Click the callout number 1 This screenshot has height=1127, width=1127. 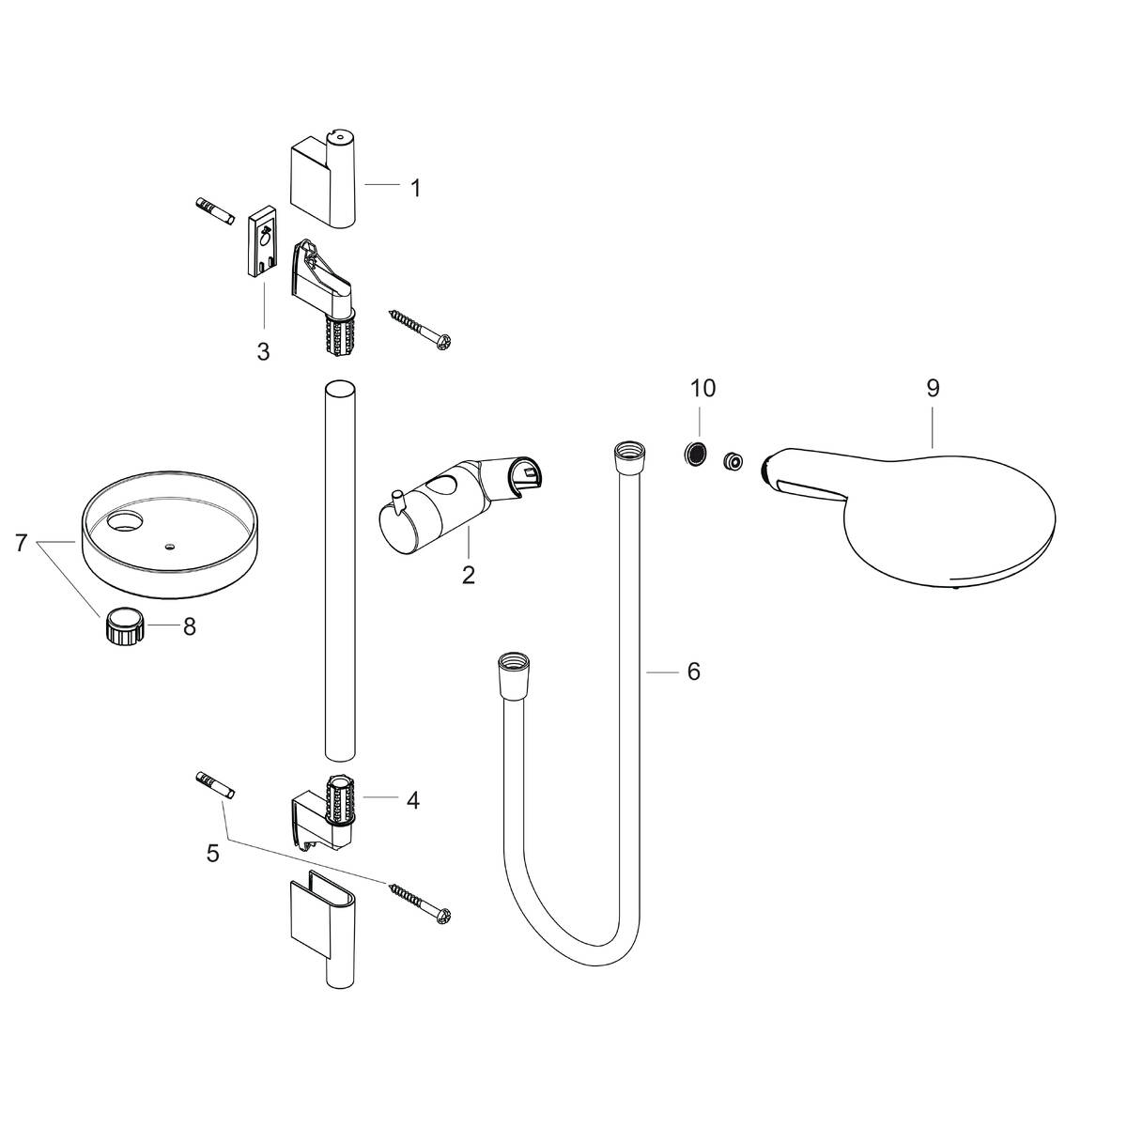[414, 187]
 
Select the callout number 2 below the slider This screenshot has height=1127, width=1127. [468, 574]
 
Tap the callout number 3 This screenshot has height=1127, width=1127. [263, 351]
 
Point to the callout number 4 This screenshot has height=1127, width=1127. [412, 800]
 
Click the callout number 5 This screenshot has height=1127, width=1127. [212, 853]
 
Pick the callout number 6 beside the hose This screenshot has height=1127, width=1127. [693, 672]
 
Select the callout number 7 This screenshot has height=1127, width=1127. [22, 542]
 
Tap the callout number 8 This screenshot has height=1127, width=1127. [189, 626]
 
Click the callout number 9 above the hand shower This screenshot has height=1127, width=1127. [932, 388]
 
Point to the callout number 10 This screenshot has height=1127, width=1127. [702, 388]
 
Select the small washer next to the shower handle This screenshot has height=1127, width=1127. [733, 461]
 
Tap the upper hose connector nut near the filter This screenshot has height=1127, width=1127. [624, 455]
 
